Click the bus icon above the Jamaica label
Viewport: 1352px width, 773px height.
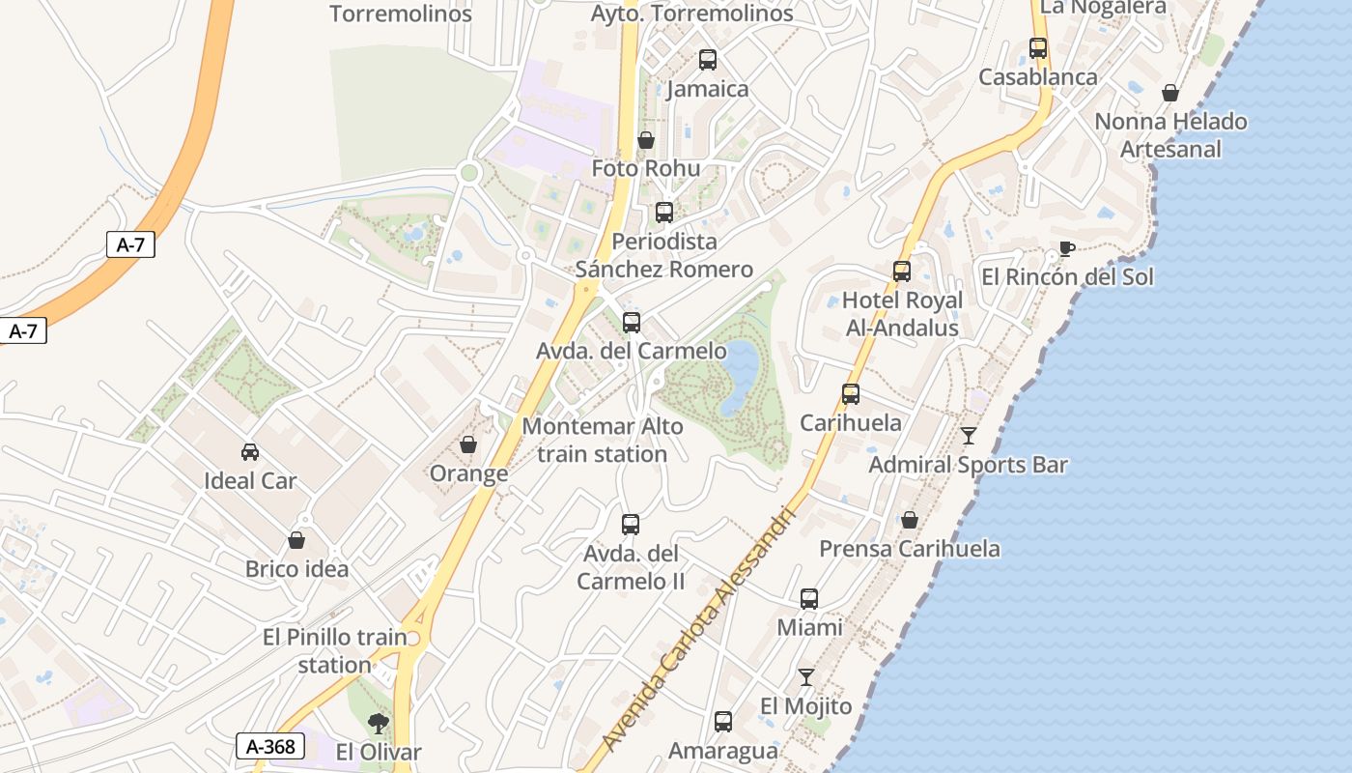[x=708, y=60]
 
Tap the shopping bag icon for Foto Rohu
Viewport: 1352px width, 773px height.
[x=646, y=140]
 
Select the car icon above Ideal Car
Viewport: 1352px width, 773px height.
[x=250, y=451]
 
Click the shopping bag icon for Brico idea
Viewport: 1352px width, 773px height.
[x=296, y=540]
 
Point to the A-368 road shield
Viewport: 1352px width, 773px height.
[x=270, y=746]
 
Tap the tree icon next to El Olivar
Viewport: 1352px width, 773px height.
[x=379, y=723]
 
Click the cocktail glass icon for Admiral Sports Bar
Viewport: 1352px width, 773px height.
[x=969, y=436]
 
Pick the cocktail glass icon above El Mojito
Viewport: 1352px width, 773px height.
[x=806, y=677]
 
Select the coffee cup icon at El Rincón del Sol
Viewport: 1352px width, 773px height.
[x=1066, y=248]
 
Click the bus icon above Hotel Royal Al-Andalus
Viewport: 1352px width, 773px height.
[x=902, y=272]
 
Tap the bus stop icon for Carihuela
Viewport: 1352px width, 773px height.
[x=851, y=394]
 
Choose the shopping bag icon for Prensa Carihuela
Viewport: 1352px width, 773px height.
[x=910, y=520]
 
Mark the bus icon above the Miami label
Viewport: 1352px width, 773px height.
[x=809, y=599]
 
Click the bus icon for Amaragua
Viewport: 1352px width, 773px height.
[x=723, y=722]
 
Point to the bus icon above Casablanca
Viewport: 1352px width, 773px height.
[x=1038, y=48]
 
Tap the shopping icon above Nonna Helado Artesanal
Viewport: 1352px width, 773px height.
[x=1170, y=93]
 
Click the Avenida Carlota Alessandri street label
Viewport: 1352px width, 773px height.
[x=698, y=628]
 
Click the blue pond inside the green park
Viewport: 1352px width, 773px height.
[x=740, y=376]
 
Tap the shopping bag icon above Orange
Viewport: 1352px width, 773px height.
[x=468, y=444]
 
